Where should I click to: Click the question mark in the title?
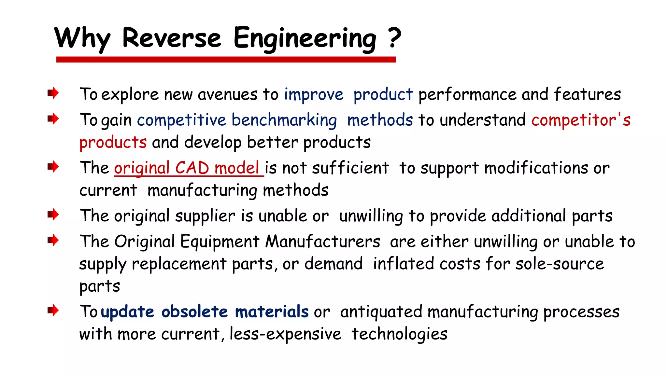coord(394,37)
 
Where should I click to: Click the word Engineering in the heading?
coord(305,38)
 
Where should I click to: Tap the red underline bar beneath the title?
coord(226,59)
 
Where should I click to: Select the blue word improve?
coord(314,95)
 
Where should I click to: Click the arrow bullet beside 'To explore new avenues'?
coord(53,93)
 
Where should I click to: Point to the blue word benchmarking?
coord(284,120)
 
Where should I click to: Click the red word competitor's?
coord(581,120)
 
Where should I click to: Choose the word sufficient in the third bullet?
coord(350,168)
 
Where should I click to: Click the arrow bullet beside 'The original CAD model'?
coord(53,167)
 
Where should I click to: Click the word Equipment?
coord(220,242)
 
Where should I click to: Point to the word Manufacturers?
coord(322,242)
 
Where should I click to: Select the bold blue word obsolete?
coord(194,312)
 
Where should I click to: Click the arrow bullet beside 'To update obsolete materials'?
coord(53,310)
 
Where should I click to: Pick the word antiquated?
coord(381,312)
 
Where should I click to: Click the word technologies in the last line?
coord(399,334)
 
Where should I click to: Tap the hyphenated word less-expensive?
coord(285,334)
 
